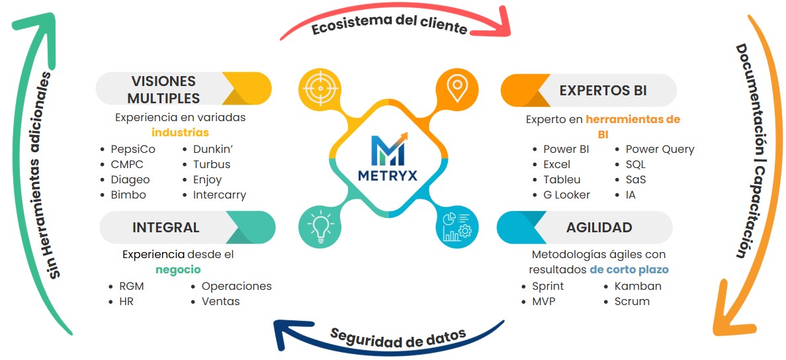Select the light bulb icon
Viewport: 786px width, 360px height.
tap(320, 226)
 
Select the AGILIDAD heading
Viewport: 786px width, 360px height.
tap(599, 227)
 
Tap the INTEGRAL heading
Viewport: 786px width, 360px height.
tap(165, 227)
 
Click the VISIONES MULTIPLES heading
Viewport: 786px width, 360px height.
tap(163, 90)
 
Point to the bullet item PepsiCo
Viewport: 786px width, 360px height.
tap(133, 149)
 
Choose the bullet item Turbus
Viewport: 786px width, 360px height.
tap(211, 164)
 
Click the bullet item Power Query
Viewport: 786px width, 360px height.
tap(660, 149)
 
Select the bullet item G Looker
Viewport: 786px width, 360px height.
tap(566, 195)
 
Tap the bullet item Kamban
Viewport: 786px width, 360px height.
tap(637, 286)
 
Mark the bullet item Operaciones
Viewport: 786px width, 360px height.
tap(236, 286)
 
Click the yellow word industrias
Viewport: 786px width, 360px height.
tap(180, 132)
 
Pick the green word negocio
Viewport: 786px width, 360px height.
tap(178, 269)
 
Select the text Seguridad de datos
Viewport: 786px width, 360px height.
tap(398, 337)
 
